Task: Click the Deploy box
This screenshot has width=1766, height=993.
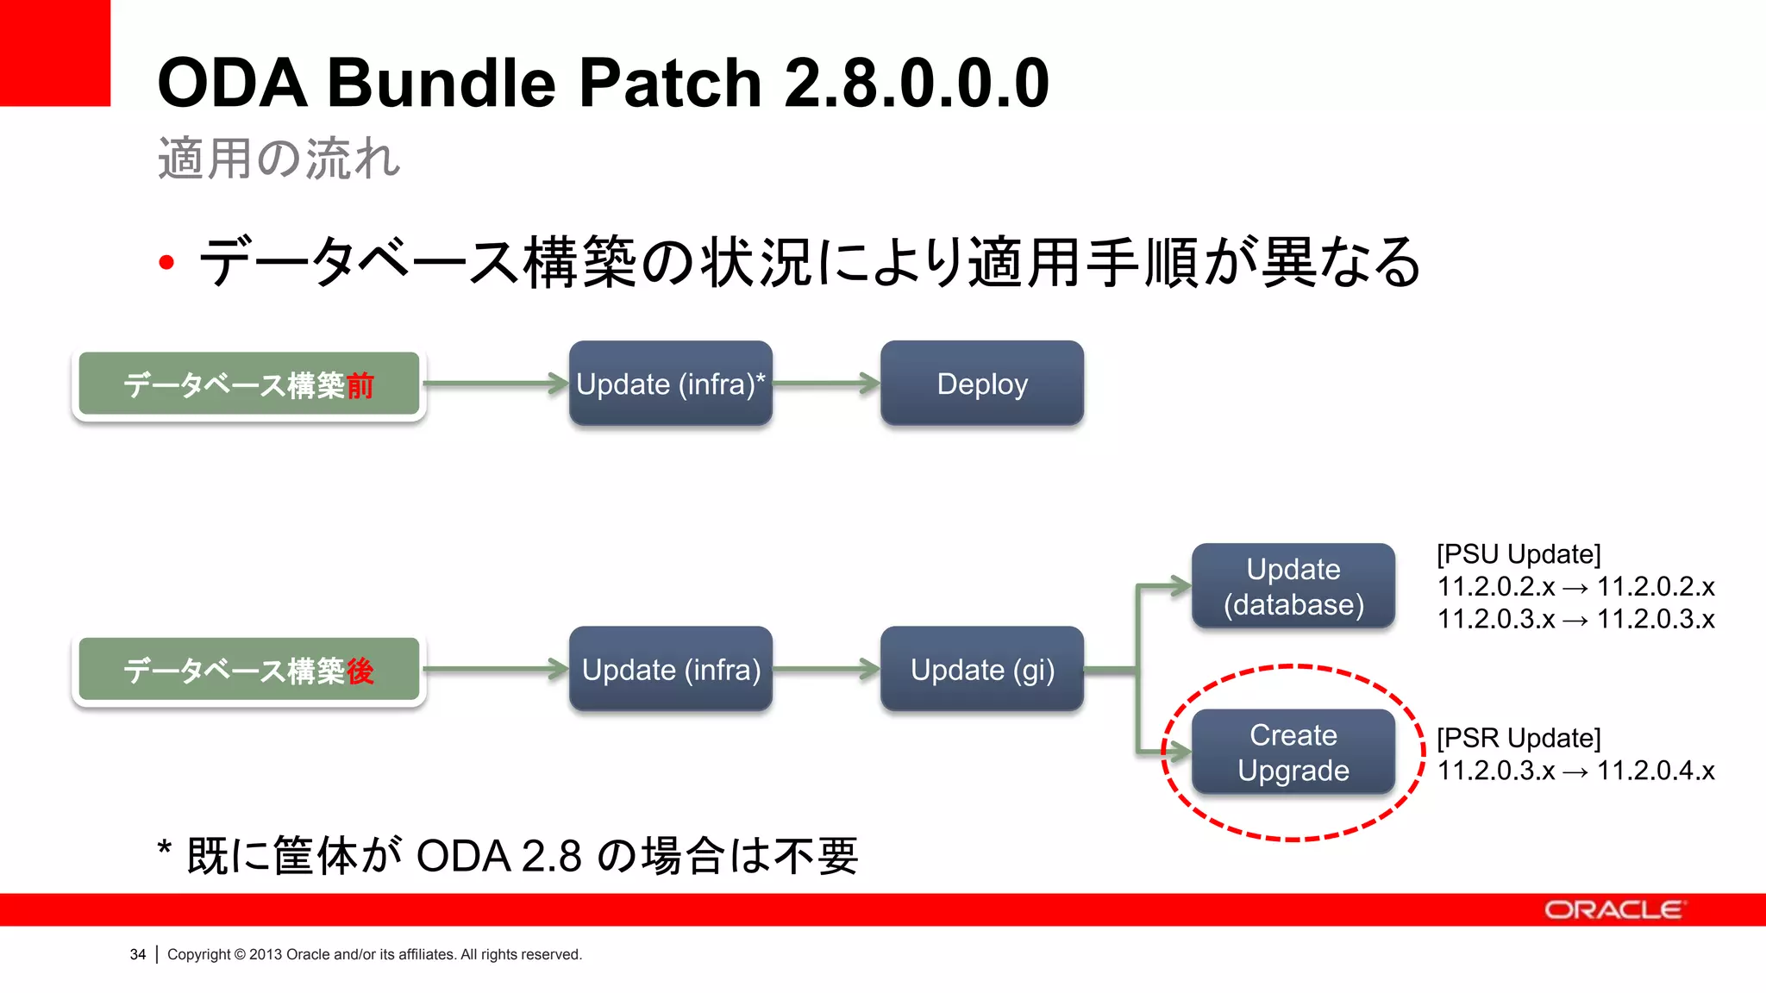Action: (x=981, y=384)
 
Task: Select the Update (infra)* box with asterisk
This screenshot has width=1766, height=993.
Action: (x=670, y=384)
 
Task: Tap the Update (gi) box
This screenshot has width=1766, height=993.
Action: (x=981, y=670)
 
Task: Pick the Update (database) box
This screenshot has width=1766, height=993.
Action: (x=1293, y=586)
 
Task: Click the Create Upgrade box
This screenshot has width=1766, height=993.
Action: (x=1293, y=753)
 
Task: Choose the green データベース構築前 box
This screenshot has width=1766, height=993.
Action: (x=248, y=384)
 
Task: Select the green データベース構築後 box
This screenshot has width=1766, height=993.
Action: (x=248, y=671)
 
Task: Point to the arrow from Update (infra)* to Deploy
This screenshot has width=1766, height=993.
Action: (x=825, y=384)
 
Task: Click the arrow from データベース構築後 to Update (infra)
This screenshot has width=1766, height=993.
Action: (x=496, y=670)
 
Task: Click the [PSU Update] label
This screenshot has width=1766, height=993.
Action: (x=1519, y=554)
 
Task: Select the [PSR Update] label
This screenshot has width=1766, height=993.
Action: (x=1519, y=738)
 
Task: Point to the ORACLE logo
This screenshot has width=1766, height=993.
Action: (x=1613, y=910)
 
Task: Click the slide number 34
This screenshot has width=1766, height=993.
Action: (x=138, y=954)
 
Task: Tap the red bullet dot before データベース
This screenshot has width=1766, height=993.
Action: (x=166, y=262)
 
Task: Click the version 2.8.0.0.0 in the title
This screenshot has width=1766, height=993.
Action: (x=917, y=84)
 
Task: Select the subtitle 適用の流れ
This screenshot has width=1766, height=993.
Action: (x=279, y=159)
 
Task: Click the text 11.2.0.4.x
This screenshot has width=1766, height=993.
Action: (x=1656, y=771)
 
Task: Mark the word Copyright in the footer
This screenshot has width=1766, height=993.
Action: (x=198, y=954)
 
